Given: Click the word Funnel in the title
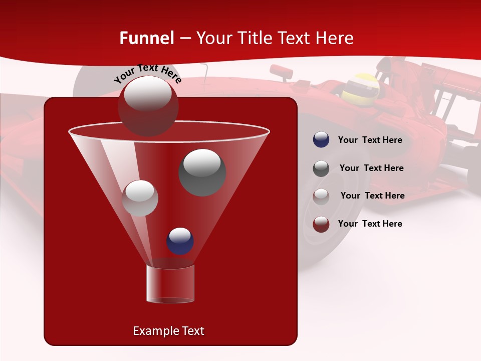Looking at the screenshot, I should click(146, 38).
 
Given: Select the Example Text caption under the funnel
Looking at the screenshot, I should click(168, 331).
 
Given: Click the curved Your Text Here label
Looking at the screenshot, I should click(147, 73).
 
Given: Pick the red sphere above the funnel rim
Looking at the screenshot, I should click(148, 106).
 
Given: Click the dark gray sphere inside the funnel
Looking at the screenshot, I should click(202, 172).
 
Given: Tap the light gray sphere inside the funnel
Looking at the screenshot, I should click(140, 199).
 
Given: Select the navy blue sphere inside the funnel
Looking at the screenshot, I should click(180, 241).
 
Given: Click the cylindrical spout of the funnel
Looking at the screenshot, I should click(170, 284).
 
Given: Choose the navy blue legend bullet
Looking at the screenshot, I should click(321, 140).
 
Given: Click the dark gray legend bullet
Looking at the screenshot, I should click(321, 168).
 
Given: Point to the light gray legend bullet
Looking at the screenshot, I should click(321, 196).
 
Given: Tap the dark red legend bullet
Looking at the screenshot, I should click(321, 224).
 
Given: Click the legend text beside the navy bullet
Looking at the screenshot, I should click(370, 140).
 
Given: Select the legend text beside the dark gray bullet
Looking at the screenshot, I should click(371, 168).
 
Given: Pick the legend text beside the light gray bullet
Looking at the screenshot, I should click(372, 196).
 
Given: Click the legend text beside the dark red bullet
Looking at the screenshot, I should click(370, 224).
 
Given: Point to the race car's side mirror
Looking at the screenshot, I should click(282, 72).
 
